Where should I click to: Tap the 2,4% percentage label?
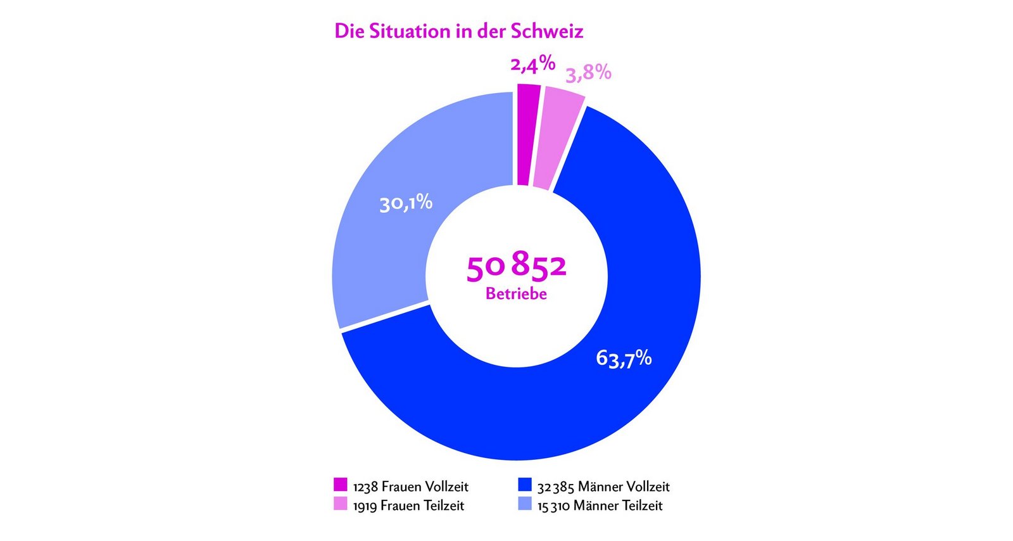533,64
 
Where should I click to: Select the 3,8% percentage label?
588,74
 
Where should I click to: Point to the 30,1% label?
406,203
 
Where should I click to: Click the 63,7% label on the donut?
624,359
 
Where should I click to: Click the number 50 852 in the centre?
516,267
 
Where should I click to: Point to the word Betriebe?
516,294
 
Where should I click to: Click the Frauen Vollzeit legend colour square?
341,485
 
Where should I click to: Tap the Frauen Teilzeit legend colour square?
341,504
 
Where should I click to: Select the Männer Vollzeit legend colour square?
524,485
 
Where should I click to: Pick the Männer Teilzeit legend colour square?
524,504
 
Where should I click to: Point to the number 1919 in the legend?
365,506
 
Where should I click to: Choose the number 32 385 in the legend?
555,487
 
